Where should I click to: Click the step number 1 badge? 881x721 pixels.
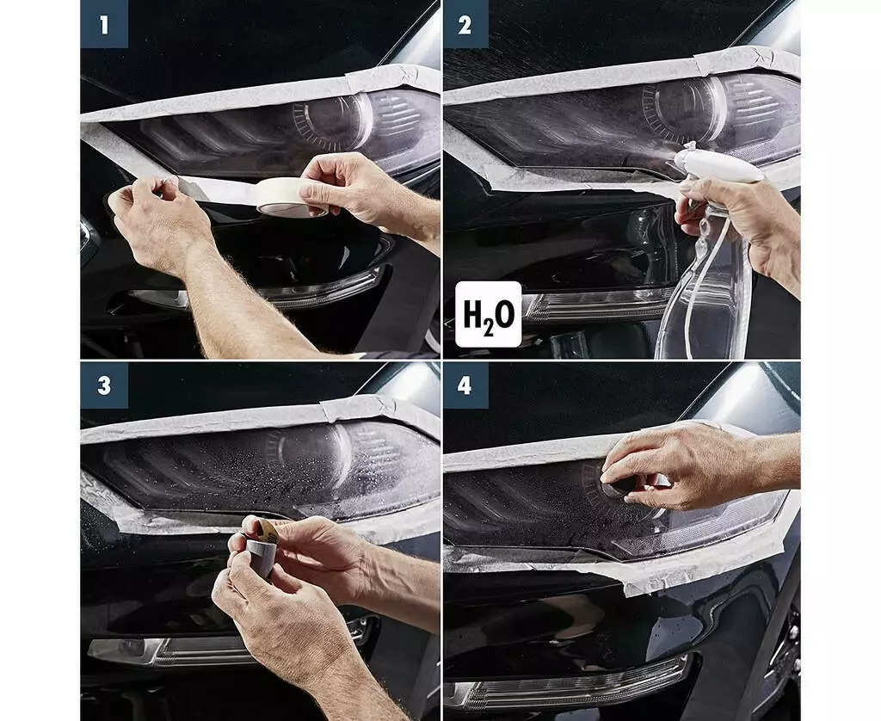coord(104,24)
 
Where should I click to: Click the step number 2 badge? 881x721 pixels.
coord(465,24)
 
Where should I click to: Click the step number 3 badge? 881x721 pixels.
coord(104,385)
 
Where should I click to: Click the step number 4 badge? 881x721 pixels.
coord(465,385)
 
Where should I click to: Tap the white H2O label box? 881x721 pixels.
coord(489,314)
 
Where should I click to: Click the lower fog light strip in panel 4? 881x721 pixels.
coord(568,683)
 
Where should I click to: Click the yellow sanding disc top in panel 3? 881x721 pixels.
coord(267,531)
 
